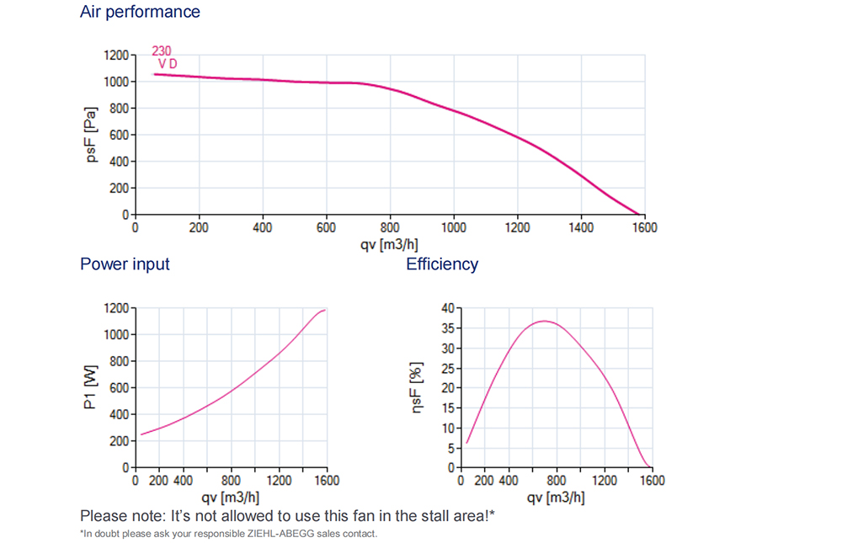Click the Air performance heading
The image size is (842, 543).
pos(140,12)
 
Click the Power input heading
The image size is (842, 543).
pos(125,264)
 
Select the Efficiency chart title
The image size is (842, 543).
pos(442,264)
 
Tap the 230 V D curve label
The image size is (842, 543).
pos(164,57)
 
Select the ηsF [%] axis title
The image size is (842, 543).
pos(414,387)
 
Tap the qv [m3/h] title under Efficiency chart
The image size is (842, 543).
pos(556,497)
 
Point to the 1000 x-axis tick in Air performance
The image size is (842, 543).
pos(453,227)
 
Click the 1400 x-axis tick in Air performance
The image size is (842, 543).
pos(580,227)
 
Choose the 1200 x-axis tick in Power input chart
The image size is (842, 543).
pos(280,481)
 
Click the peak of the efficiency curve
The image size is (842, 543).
pos(545,321)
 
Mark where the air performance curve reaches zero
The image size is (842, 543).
pos(640,216)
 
